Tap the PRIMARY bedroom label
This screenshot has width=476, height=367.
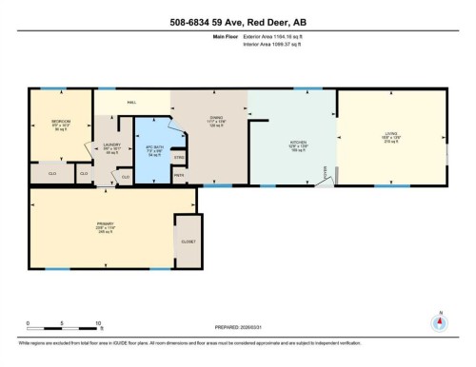pos(78,225)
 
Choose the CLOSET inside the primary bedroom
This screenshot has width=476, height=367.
pos(188,242)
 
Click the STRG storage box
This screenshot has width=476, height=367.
pos(179,157)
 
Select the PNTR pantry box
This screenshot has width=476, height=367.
pos(179,174)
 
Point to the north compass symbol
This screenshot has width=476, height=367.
pos(438,319)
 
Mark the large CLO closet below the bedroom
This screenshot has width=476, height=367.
pos(46,174)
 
